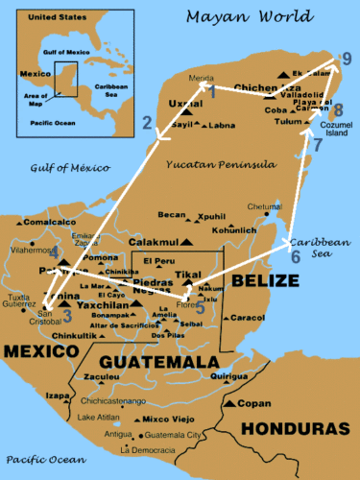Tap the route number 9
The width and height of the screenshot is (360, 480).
click(347, 62)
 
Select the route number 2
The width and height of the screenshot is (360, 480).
click(147, 122)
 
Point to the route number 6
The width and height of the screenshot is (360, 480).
click(295, 256)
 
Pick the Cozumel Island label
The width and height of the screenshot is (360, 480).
click(335, 131)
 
